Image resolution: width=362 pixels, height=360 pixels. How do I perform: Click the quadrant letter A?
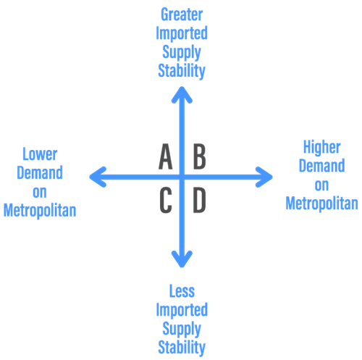[x=166, y=156]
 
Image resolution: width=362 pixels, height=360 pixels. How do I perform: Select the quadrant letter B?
[x=200, y=156]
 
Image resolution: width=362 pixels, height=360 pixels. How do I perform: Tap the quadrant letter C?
[x=166, y=201]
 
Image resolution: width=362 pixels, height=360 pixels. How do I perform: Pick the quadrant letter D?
[x=199, y=201]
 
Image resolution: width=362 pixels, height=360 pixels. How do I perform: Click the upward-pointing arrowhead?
[x=182, y=95]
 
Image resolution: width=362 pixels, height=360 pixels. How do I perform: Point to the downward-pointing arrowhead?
[x=182, y=259]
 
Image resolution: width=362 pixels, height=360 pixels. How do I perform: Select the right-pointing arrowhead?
[x=264, y=177]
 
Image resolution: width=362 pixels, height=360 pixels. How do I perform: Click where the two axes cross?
[x=182, y=177]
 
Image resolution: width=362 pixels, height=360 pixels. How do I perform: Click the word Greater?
[x=182, y=14]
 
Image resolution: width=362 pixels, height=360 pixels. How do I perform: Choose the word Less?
[x=182, y=291]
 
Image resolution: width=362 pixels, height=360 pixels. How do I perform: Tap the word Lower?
[x=40, y=154]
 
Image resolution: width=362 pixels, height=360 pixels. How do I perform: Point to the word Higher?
[x=322, y=147]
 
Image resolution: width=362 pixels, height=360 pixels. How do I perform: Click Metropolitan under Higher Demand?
[x=321, y=203]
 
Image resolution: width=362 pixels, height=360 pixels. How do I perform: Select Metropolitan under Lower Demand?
[x=40, y=210]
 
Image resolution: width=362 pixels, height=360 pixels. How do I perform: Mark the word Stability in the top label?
[x=182, y=71]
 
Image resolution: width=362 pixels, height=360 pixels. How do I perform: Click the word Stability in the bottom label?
[x=182, y=348]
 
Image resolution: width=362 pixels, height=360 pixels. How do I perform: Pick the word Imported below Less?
[x=182, y=310]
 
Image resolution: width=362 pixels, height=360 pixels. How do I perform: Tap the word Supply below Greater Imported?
[x=182, y=52]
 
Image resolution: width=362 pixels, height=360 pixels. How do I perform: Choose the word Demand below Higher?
[x=321, y=166]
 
